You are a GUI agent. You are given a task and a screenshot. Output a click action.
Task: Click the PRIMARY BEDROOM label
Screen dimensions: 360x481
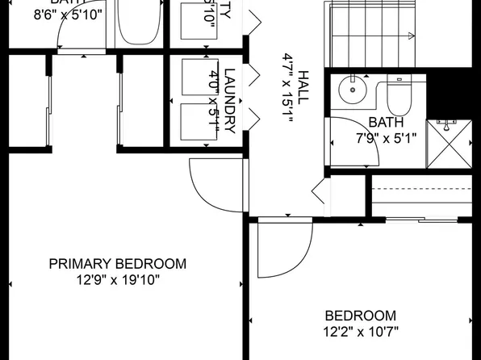click(118, 264)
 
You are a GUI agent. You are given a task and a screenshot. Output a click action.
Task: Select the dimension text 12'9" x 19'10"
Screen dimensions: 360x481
click(118, 280)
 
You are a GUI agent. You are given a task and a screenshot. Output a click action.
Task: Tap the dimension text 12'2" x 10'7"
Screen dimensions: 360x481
click(361, 331)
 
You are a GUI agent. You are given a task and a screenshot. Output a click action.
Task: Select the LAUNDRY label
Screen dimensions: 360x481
click(229, 100)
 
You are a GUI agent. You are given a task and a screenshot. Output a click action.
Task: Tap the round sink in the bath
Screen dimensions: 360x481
click(353, 89)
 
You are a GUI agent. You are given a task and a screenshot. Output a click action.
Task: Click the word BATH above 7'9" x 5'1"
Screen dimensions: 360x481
click(385, 122)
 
